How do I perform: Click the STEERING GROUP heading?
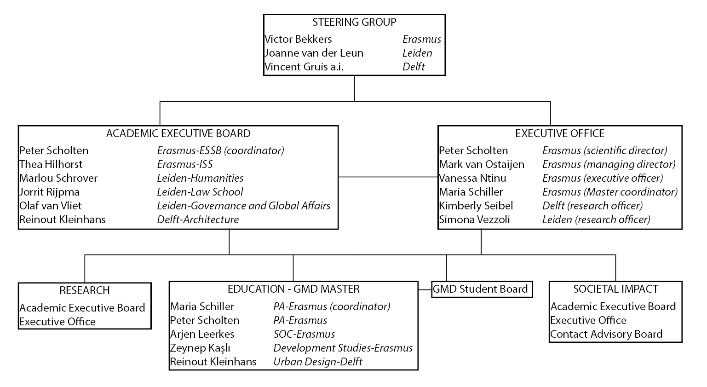tap(354, 22)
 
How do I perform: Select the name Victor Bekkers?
tap(298, 39)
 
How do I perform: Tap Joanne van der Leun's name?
tap(314, 53)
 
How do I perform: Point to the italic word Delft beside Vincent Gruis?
tap(414, 67)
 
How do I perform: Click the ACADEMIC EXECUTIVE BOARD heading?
tap(178, 133)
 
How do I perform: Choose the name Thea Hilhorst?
tap(51, 164)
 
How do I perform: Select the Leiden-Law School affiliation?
tap(200, 192)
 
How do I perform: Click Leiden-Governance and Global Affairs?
tap(244, 206)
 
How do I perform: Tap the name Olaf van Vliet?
tap(51, 206)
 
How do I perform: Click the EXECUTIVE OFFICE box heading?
tap(560, 133)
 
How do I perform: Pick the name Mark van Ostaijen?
tap(482, 164)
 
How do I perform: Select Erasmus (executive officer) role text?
tap(603, 179)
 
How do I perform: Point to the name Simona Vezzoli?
tap(474, 219)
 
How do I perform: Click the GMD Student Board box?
tap(482, 289)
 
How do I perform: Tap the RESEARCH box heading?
tap(85, 290)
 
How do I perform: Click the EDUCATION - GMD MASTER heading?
tap(293, 289)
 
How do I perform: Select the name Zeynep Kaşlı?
tap(200, 348)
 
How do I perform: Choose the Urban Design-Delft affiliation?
tap(318, 362)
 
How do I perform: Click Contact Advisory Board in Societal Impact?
tap(606, 334)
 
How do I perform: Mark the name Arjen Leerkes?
tap(202, 334)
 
